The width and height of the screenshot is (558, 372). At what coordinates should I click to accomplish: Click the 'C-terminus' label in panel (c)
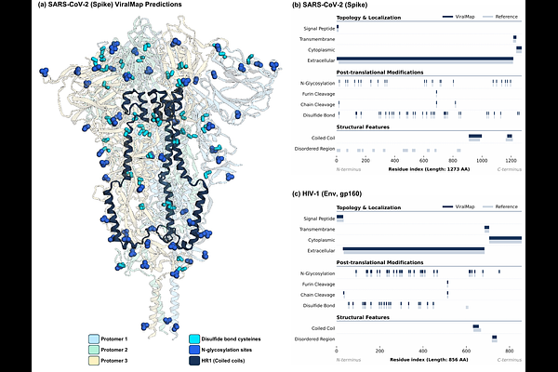[x=511, y=358]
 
